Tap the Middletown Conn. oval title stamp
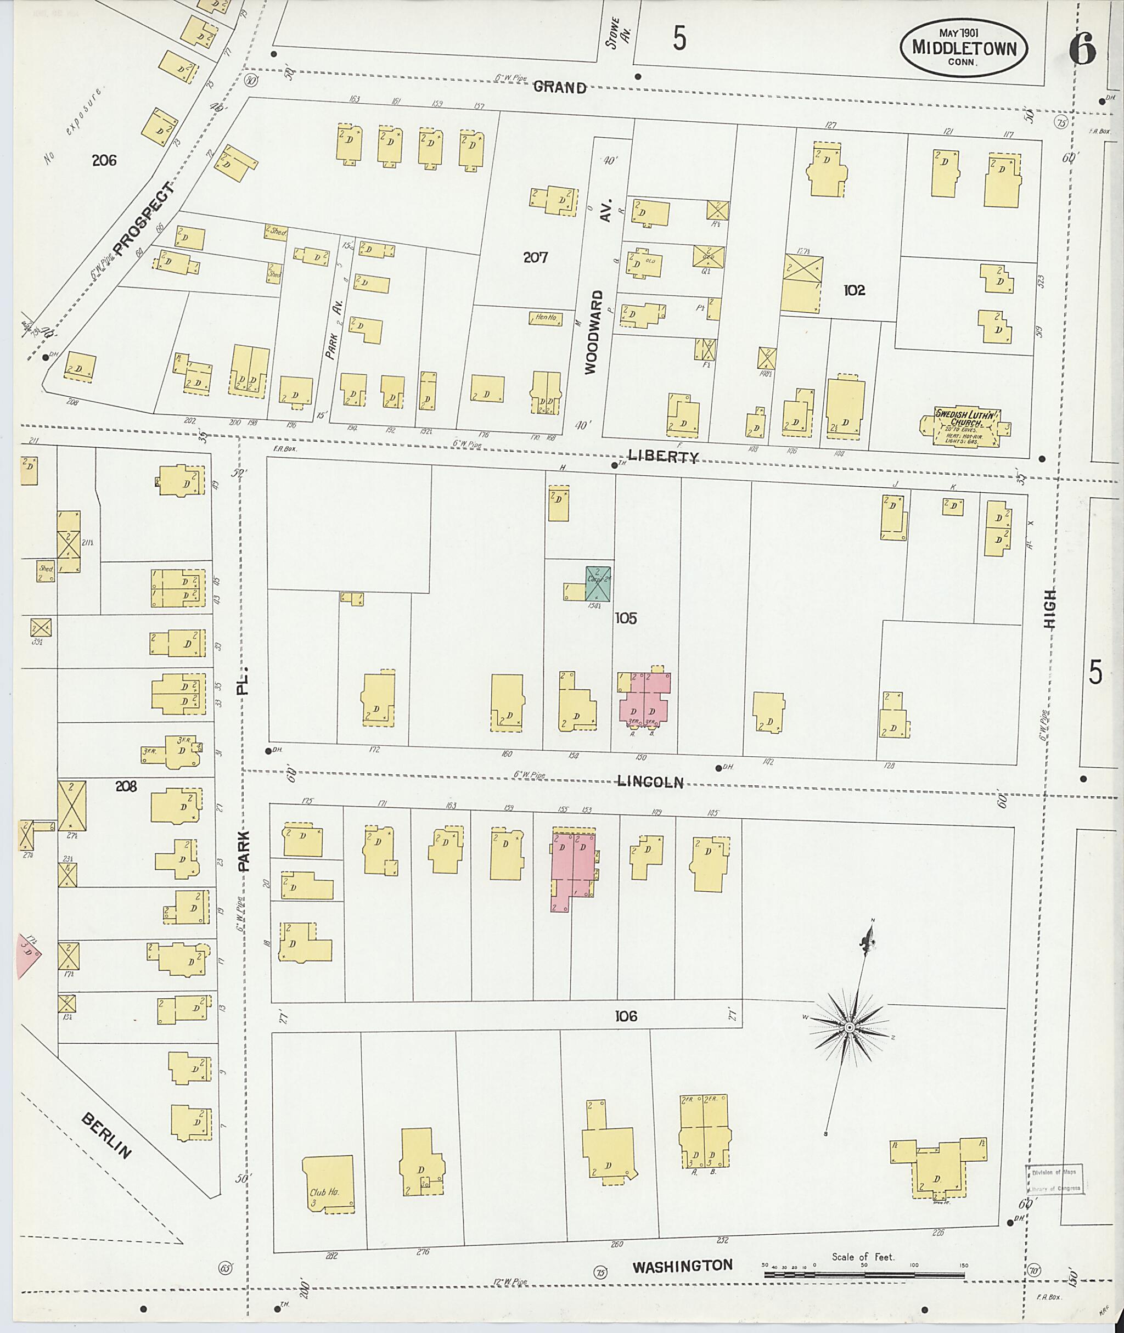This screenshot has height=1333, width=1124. [963, 48]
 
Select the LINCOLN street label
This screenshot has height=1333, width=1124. [650, 782]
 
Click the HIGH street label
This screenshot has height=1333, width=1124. [1050, 609]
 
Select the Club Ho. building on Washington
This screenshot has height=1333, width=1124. [328, 1183]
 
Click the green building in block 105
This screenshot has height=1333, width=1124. [598, 583]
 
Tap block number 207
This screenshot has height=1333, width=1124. [535, 257]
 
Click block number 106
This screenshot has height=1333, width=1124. [626, 1016]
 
